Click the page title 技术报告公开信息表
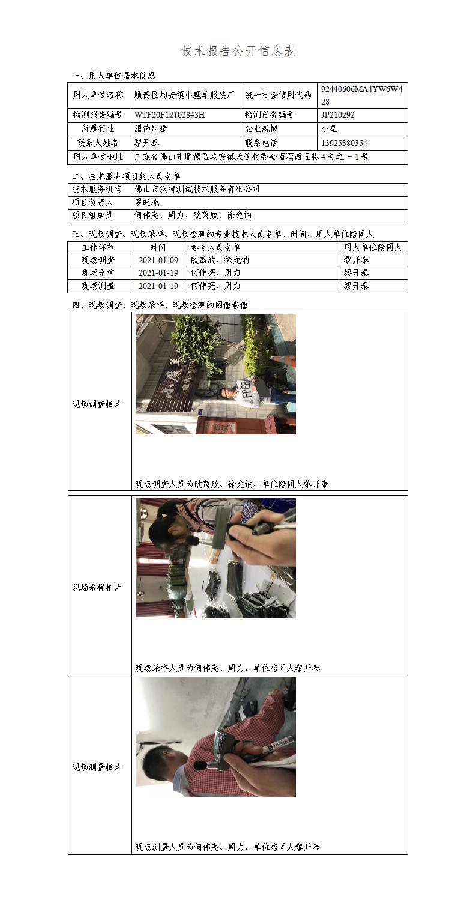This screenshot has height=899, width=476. click(238, 51)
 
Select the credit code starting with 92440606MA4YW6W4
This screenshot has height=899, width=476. click(362, 95)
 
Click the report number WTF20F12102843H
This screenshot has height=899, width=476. click(170, 115)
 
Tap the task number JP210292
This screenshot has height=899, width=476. click(338, 115)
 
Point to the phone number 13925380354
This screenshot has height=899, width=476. click(344, 143)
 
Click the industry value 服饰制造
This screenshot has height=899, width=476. click(151, 129)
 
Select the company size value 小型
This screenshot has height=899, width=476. click(329, 129)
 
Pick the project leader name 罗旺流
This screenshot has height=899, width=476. click(147, 203)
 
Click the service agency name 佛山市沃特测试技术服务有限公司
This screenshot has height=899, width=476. click(197, 189)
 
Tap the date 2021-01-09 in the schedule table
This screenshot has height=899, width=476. click(158, 260)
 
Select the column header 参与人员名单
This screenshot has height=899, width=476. click(215, 247)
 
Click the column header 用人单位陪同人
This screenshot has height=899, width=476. click(373, 247)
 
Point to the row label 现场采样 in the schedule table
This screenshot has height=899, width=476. click(98, 272)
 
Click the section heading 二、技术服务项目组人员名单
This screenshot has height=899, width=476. click(126, 176)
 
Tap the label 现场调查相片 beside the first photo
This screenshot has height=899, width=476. click(97, 404)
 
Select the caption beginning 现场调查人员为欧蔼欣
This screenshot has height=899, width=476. click(232, 484)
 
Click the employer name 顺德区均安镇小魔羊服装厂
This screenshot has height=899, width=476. click(184, 95)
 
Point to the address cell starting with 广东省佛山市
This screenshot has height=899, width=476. click(252, 157)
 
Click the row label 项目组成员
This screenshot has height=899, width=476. click(92, 215)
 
